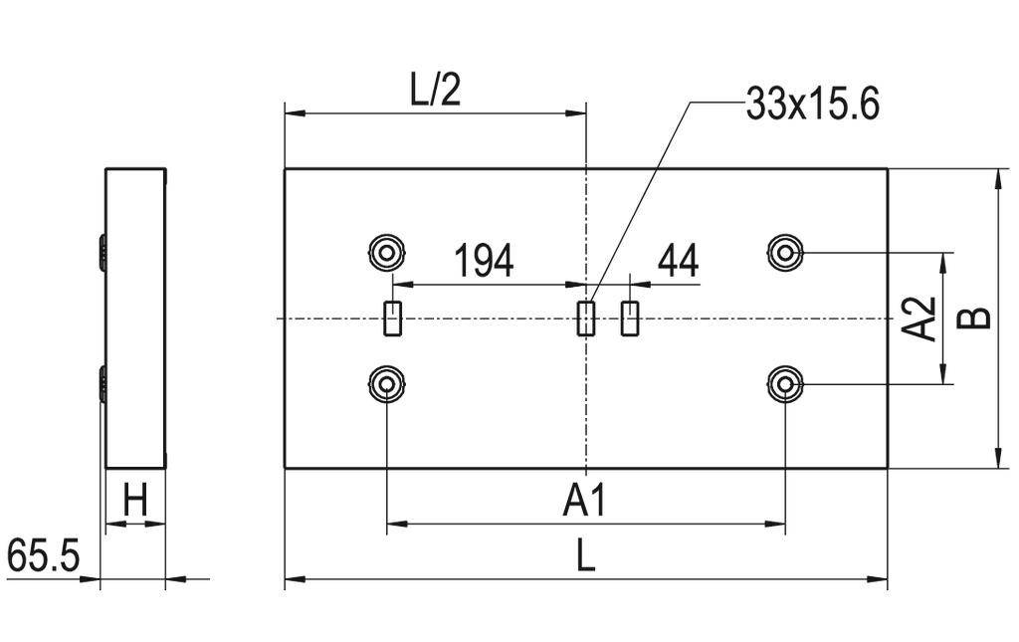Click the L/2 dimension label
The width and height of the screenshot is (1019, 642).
[436, 92]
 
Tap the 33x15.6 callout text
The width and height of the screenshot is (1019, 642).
[812, 105]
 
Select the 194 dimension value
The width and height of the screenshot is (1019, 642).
[484, 261]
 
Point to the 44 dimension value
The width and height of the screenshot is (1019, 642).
[678, 261]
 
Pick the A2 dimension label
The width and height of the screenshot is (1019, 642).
[920, 319]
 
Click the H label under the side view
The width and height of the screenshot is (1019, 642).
[135, 502]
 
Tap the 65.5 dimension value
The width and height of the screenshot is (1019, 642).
[43, 555]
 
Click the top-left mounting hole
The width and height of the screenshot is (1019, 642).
[385, 251]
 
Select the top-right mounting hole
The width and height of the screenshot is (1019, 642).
[785, 252]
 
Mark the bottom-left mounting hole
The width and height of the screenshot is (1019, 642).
[385, 383]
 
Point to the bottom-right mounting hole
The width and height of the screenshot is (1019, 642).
[785, 383]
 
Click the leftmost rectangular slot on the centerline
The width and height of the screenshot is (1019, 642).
[393, 319]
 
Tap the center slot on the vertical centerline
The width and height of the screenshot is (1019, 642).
[587, 319]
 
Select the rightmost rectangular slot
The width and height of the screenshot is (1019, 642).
[629, 319]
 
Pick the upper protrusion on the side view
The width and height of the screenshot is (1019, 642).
[102, 251]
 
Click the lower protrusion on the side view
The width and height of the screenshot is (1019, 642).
[102, 383]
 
